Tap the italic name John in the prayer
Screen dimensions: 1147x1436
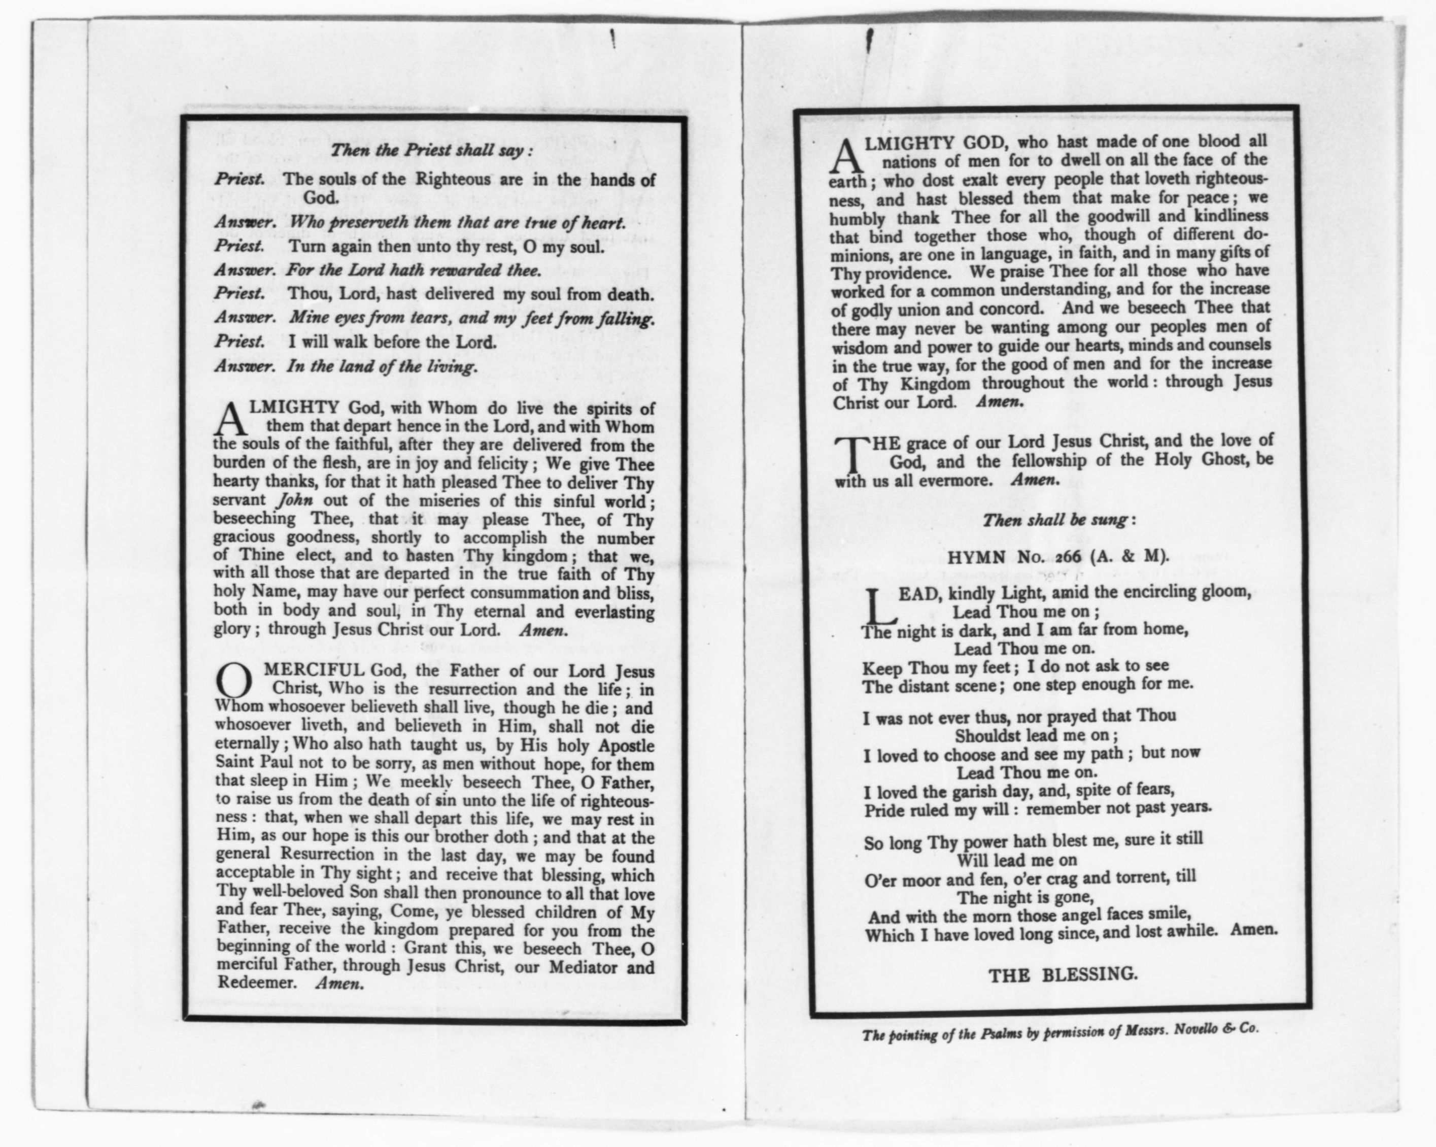pyautogui.click(x=294, y=500)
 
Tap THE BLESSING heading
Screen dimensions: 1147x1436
pyautogui.click(x=1063, y=974)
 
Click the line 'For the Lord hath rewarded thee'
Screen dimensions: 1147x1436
pyautogui.click(x=413, y=271)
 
